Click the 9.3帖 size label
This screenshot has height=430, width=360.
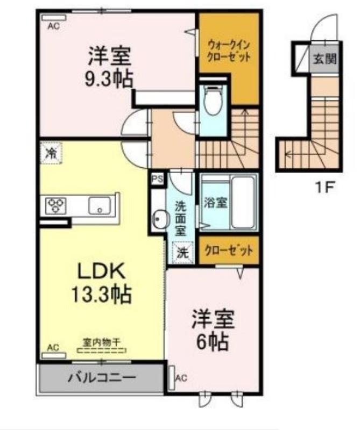(109, 78)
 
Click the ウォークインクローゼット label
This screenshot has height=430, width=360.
(229, 51)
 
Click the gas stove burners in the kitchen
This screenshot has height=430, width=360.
(56, 205)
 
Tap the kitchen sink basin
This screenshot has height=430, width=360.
(100, 206)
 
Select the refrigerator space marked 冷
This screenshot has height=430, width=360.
(51, 153)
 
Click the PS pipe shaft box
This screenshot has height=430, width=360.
(158, 180)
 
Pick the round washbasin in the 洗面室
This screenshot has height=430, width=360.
(159, 219)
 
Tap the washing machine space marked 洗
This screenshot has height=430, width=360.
(182, 252)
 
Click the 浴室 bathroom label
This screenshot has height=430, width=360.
(215, 203)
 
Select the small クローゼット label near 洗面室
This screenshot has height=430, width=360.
(229, 250)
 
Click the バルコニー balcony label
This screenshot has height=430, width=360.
(102, 378)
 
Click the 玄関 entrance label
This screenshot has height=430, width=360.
(324, 59)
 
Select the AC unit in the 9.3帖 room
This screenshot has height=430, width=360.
(54, 18)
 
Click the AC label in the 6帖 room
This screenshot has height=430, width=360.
(181, 378)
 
